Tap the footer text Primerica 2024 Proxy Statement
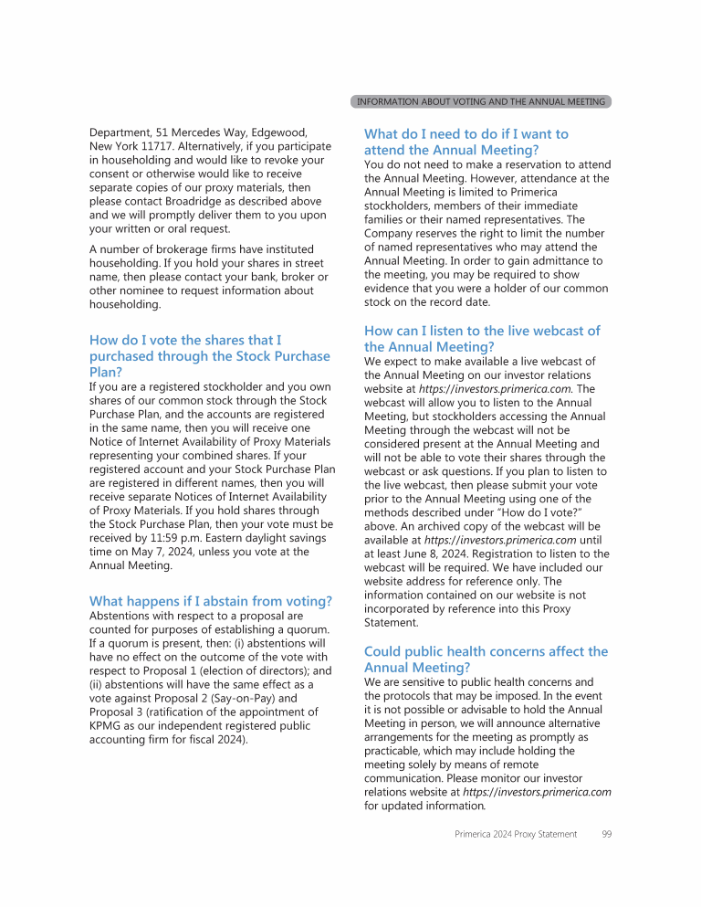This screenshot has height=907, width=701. pos(516,834)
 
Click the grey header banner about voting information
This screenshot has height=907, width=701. pos(480,101)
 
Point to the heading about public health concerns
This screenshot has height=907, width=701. pos(486,659)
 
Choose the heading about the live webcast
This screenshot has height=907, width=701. pos(482,339)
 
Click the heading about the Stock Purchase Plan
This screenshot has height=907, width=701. pos(209,356)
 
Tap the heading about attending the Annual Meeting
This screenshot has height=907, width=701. pos(466,142)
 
